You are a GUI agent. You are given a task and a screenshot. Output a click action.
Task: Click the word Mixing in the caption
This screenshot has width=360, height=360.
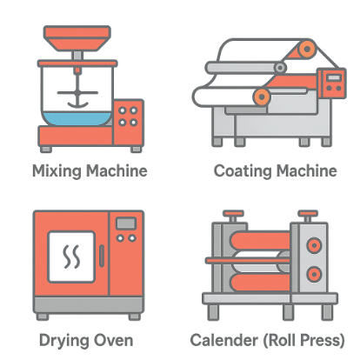(57, 171)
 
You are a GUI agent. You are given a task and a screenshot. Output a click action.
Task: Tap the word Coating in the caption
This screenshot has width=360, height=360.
(243, 171)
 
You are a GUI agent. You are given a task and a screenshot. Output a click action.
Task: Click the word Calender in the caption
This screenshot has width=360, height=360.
(223, 340)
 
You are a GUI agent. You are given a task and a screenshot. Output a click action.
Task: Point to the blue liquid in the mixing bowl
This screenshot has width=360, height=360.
(77, 119)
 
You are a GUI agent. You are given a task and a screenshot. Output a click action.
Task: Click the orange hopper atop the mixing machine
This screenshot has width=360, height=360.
(77, 38)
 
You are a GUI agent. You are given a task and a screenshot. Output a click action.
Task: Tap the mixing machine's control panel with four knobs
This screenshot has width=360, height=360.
(128, 123)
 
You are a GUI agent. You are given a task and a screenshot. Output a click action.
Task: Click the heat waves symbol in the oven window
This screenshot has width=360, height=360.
(71, 257)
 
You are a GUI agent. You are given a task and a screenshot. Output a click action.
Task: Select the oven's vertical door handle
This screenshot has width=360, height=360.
(102, 256)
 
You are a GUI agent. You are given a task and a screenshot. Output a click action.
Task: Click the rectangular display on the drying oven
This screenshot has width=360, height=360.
(126, 223)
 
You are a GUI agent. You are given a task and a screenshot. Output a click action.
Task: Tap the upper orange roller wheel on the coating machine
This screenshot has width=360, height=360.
(306, 50)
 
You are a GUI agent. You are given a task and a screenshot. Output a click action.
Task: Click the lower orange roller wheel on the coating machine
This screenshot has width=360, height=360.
(262, 97)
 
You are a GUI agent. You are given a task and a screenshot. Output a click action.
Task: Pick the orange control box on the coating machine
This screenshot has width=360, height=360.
(331, 83)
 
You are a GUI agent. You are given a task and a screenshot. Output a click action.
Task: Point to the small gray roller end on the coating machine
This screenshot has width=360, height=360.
(280, 68)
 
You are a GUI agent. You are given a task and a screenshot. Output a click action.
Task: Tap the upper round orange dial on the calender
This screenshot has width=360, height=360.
(314, 245)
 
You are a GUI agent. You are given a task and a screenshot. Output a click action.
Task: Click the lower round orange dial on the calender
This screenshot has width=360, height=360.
(314, 274)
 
